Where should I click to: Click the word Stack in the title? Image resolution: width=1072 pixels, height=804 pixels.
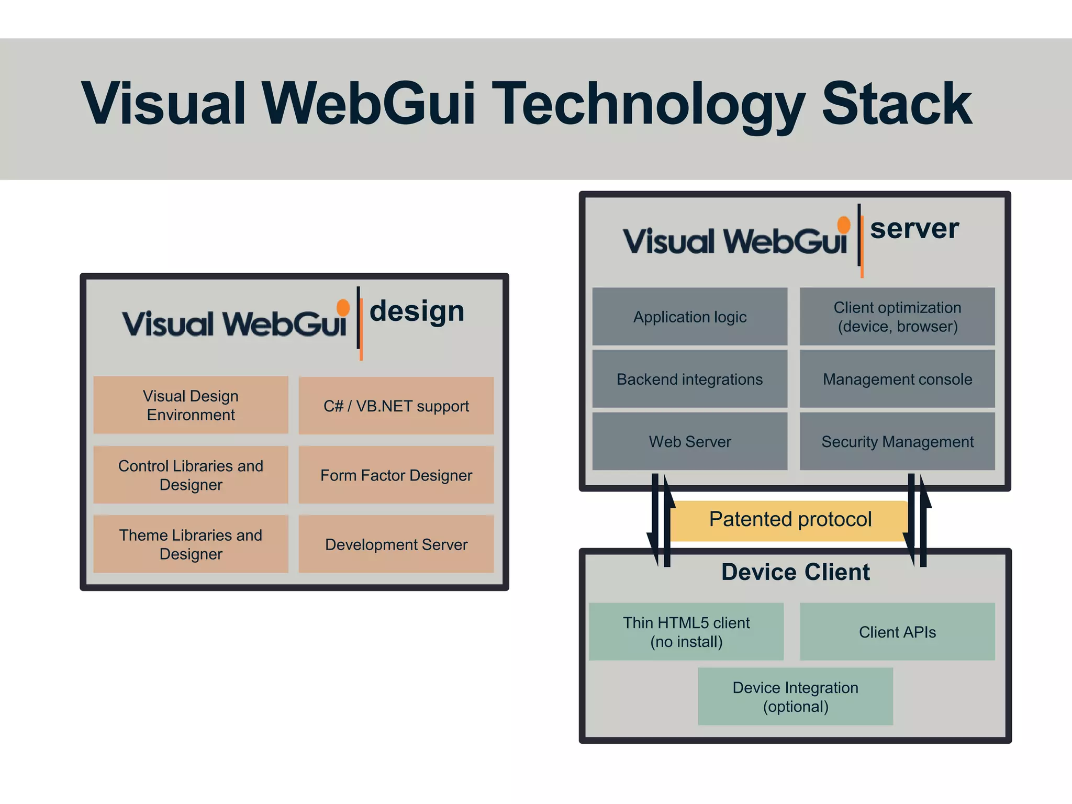pyautogui.click(x=897, y=105)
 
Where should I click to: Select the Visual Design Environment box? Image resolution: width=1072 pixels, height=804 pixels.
pyautogui.click(x=191, y=405)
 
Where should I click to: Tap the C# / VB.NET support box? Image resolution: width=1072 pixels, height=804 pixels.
pyautogui.click(x=396, y=406)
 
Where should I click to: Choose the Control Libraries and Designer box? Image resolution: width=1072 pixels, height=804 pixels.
pyautogui.click(x=191, y=475)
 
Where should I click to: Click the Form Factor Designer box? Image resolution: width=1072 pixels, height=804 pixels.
pyautogui.click(x=396, y=475)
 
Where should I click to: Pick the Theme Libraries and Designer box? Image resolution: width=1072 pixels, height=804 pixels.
pyautogui.click(x=191, y=544)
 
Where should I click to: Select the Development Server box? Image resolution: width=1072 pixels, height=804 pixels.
pyautogui.click(x=396, y=544)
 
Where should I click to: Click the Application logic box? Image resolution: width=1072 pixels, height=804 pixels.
pyautogui.click(x=689, y=317)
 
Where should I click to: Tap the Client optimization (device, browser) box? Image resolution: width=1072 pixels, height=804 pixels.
pyautogui.click(x=897, y=317)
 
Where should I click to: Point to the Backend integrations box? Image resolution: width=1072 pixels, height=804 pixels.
pyautogui.click(x=689, y=379)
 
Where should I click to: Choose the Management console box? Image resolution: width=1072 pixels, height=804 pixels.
pyautogui.click(x=897, y=379)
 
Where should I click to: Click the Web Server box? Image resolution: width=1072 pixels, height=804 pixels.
pyautogui.click(x=689, y=441)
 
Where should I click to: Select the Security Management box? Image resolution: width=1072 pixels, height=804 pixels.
pyautogui.click(x=897, y=441)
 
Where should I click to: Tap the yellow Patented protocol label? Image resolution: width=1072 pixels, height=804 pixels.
pyautogui.click(x=790, y=520)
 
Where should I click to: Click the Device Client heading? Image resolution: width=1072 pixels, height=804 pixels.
pyautogui.click(x=795, y=572)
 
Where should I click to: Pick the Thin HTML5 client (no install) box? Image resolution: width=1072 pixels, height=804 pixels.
pyautogui.click(x=686, y=632)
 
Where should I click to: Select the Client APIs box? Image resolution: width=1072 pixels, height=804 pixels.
pyautogui.click(x=897, y=632)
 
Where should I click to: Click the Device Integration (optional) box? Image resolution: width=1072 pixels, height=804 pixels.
pyautogui.click(x=795, y=697)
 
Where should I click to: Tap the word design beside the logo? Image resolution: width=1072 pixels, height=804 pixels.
pyautogui.click(x=417, y=312)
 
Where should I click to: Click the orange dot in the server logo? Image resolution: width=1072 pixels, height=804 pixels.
pyautogui.click(x=843, y=225)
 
